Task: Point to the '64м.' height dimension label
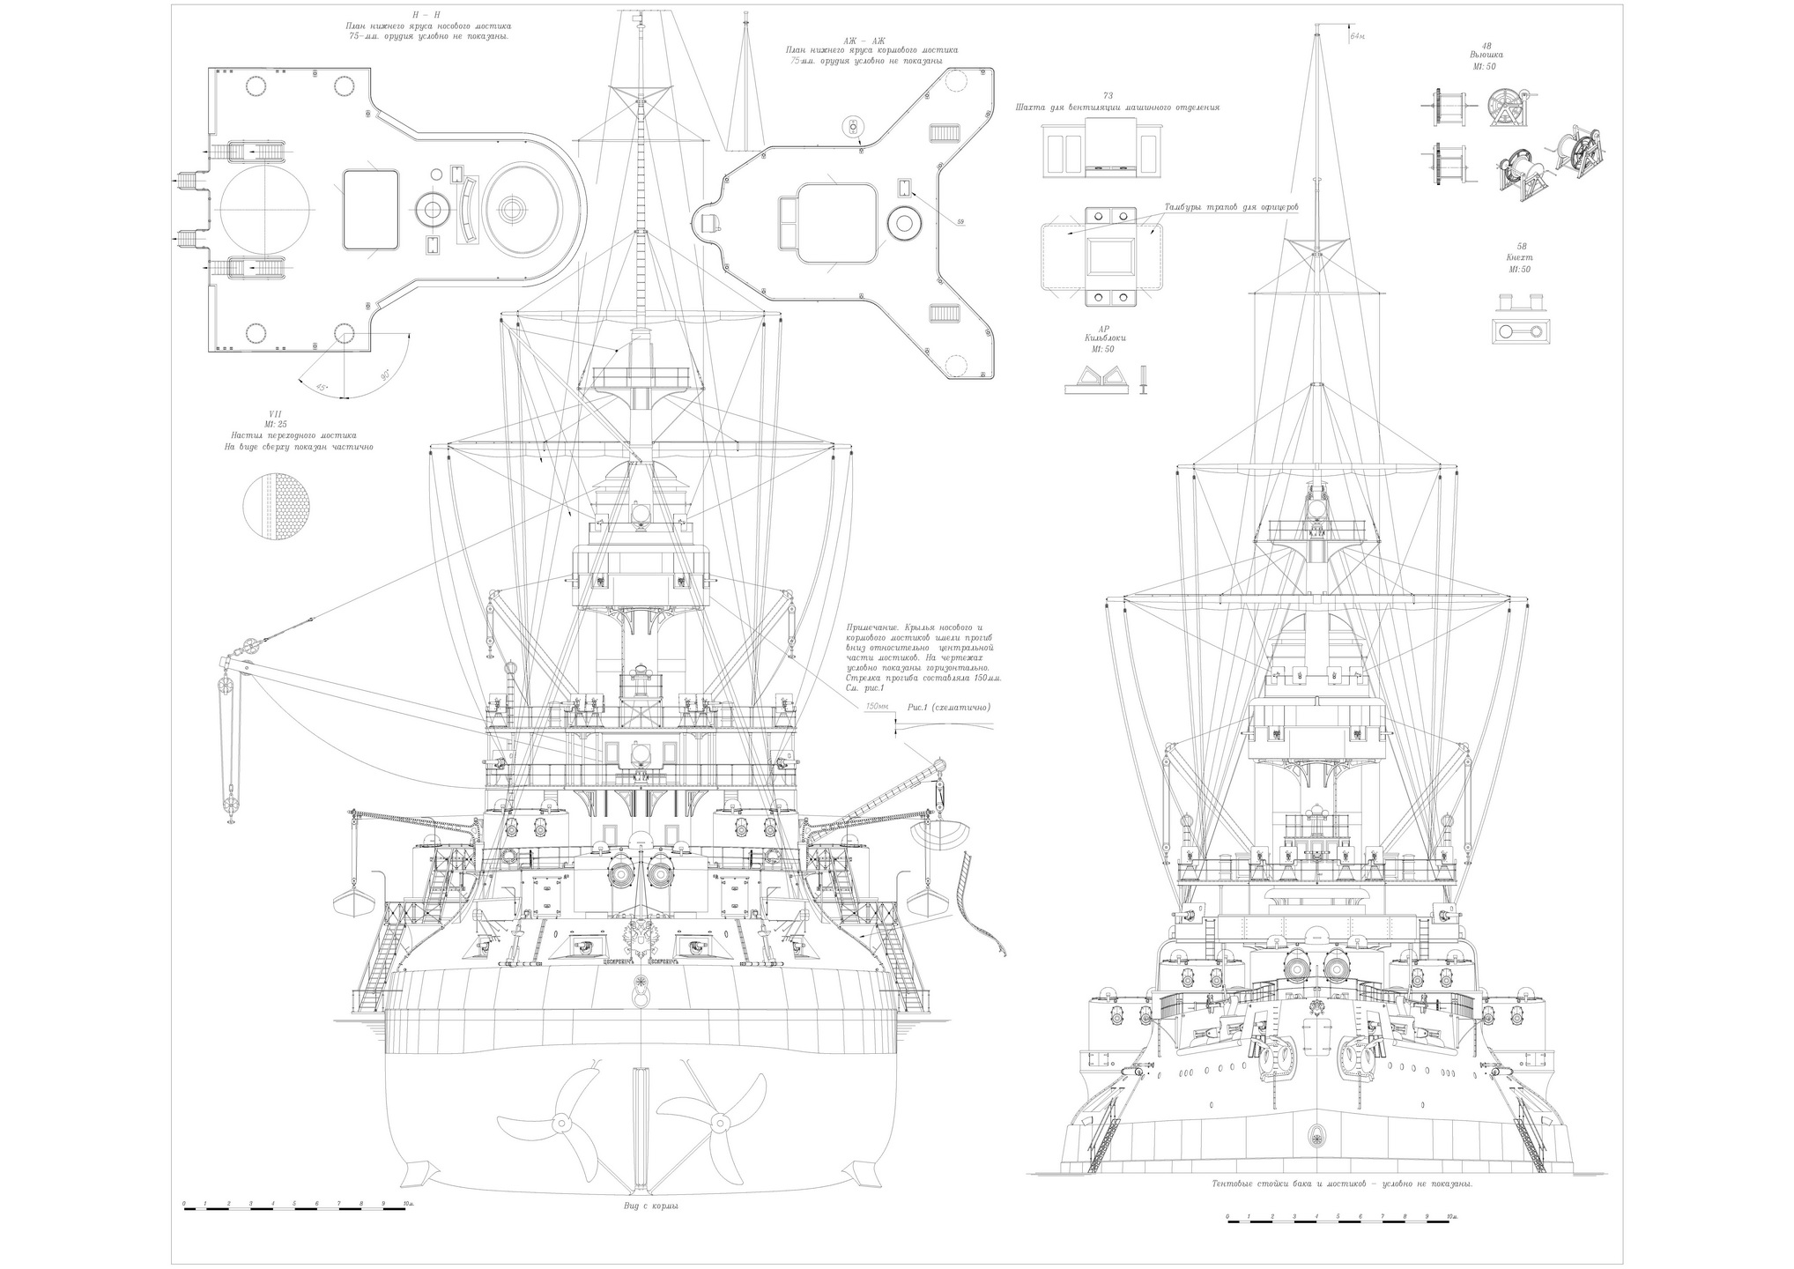1358,37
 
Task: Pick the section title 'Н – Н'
428,16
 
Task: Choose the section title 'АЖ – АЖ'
871,41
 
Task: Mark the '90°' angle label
385,375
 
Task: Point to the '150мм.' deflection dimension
876,707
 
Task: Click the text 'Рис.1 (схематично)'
950,707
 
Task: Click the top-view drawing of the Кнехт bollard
1521,331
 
